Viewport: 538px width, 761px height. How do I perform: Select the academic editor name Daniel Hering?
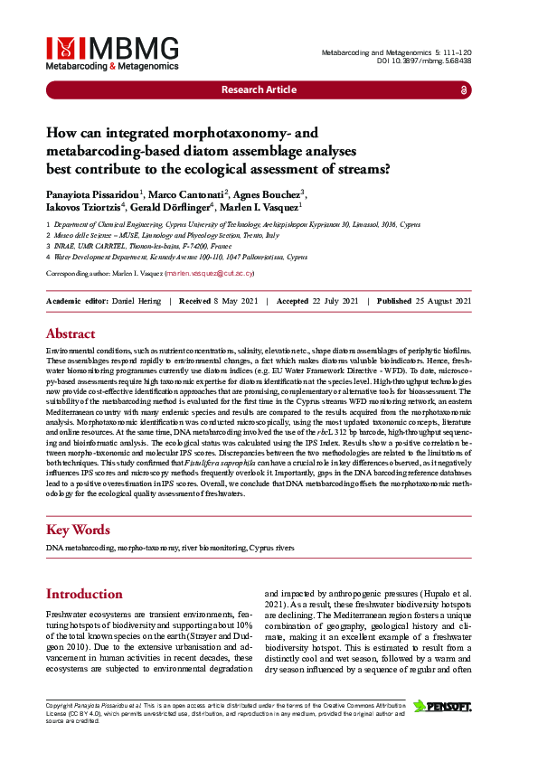(137, 301)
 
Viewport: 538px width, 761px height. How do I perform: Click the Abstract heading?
(71, 334)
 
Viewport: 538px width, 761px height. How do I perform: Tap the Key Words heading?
(78, 530)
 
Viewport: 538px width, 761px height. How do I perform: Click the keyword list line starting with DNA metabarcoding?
(170, 549)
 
